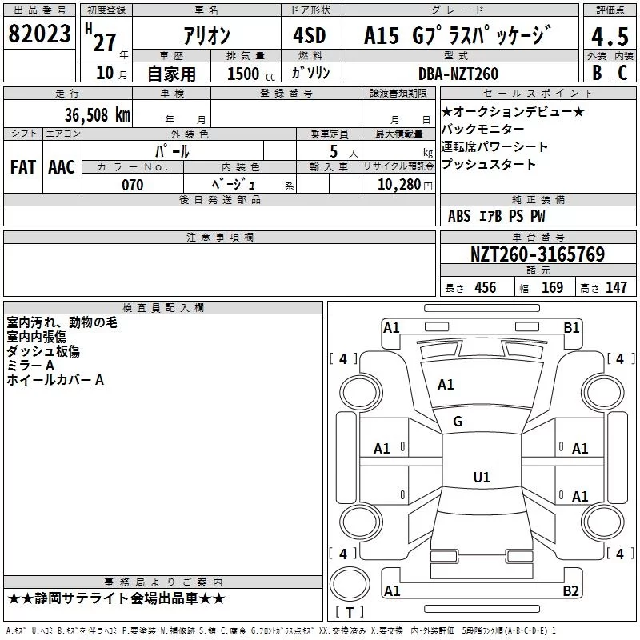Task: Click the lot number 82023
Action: [x=39, y=34]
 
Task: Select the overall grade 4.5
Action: [x=610, y=36]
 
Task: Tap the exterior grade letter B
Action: [x=597, y=72]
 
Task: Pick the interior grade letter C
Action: [x=622, y=72]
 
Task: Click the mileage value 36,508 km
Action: [x=97, y=114]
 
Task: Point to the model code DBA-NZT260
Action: [x=458, y=74]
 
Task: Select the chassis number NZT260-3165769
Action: [x=538, y=254]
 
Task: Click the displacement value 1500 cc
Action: [x=251, y=74]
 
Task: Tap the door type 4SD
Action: [x=310, y=35]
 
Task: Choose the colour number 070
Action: [x=133, y=185]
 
